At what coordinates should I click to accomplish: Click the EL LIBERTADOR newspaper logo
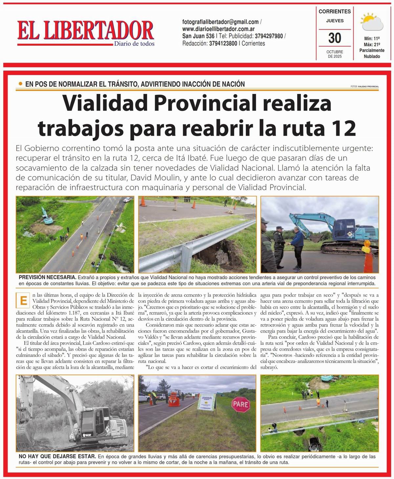pyautogui.click(x=85, y=32)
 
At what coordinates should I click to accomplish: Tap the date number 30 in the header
pyautogui.click(x=335, y=38)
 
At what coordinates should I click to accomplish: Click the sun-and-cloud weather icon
pyautogui.click(x=372, y=22)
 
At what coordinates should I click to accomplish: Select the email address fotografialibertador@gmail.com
pyautogui.click(x=220, y=22)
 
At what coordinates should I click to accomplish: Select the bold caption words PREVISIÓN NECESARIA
pyautogui.click(x=48, y=277)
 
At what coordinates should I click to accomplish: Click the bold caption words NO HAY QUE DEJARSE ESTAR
pyautogui.click(x=57, y=457)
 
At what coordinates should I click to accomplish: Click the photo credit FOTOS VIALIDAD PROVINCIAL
pyautogui.click(x=364, y=87)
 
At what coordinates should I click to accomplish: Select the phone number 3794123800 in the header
pyautogui.click(x=223, y=43)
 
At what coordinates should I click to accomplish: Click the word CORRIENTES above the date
pyautogui.click(x=335, y=11)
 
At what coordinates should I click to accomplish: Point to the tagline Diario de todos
pyautogui.click(x=134, y=44)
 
